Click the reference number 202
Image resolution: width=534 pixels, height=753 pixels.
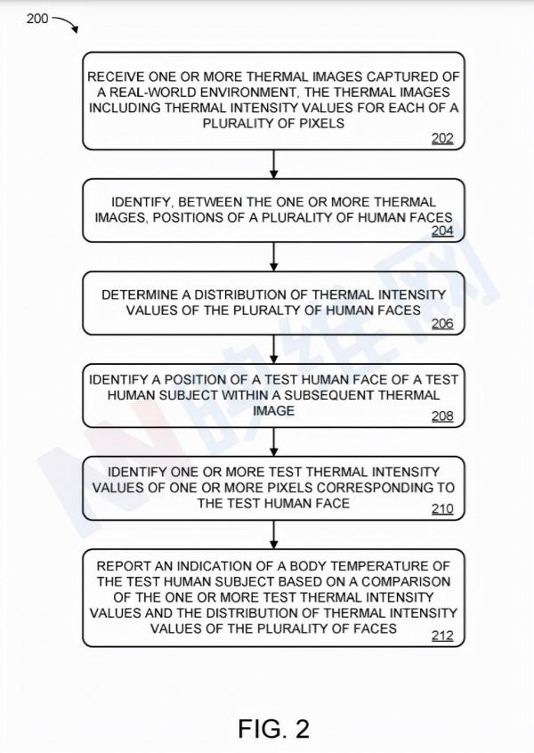point(442,138)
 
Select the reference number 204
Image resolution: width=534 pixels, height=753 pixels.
point(442,231)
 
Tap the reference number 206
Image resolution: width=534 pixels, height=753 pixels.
point(442,323)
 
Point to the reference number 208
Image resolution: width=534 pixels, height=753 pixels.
point(442,417)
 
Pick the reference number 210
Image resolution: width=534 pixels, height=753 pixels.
point(442,509)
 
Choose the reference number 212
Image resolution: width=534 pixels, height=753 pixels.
point(442,636)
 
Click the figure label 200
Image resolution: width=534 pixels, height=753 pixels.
point(37,18)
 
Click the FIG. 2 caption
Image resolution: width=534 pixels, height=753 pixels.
point(273,729)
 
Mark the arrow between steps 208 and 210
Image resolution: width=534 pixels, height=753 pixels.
point(273,441)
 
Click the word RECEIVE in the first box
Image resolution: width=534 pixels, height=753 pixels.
point(119,77)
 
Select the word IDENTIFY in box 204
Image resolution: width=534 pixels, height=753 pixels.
point(142,202)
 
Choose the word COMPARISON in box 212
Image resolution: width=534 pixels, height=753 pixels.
point(403,581)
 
